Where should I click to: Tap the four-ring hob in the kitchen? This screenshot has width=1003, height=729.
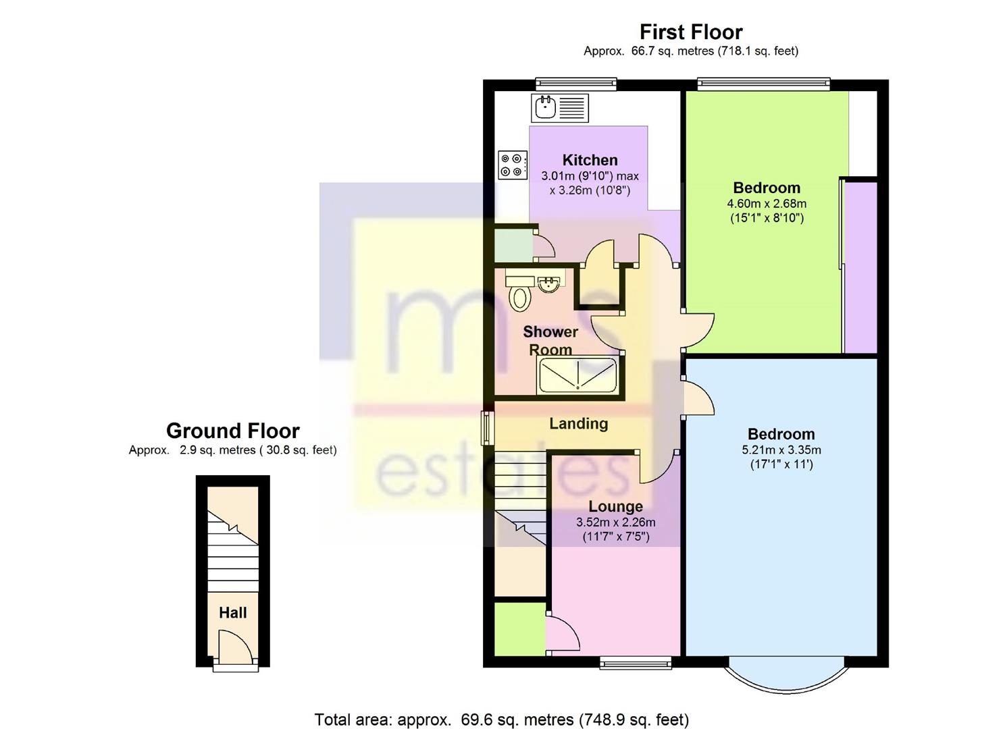point(513,165)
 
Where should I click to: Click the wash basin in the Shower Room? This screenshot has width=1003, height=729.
point(548,284)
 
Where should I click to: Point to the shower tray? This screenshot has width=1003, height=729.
point(577,375)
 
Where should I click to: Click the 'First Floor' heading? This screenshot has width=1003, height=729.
point(691,32)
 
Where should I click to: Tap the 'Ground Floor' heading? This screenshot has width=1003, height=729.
point(232,431)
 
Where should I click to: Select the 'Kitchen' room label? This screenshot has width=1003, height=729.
point(590,160)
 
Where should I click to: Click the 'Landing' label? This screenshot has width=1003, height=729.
point(578,423)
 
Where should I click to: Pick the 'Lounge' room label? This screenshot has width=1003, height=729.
point(615,506)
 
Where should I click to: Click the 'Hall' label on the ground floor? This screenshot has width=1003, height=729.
point(232,613)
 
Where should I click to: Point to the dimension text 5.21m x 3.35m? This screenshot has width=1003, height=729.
point(781,450)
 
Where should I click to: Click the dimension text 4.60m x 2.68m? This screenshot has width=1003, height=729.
point(767,203)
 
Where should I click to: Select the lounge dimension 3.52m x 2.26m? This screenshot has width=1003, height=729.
point(615,522)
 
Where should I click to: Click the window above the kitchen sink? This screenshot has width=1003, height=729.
point(576,84)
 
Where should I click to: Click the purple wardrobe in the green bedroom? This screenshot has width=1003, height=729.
point(860,267)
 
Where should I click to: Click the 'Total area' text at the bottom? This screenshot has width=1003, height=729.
point(501,720)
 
